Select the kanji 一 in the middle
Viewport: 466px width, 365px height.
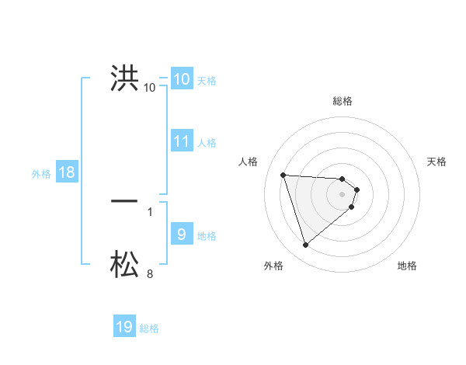tap(124, 201)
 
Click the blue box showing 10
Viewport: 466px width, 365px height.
tap(181, 78)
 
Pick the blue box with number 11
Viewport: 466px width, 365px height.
tap(181, 141)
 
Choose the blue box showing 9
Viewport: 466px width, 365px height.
tap(181, 234)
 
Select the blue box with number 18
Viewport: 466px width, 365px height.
tap(67, 172)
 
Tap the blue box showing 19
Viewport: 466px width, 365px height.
tap(124, 327)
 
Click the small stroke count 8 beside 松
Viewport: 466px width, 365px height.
tap(150, 274)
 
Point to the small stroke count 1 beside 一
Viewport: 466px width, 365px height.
tap(150, 211)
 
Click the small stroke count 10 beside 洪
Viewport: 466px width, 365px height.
tap(150, 88)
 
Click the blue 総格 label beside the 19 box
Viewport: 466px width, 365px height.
tap(149, 328)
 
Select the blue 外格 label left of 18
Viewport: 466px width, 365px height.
tap(41, 174)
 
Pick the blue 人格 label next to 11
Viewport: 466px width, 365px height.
tap(207, 143)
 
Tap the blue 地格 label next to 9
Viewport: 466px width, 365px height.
tap(207, 236)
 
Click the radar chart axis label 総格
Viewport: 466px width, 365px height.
tap(343, 101)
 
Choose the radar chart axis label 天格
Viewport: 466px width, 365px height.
tap(436, 162)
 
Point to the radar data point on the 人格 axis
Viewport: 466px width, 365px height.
tap(283, 175)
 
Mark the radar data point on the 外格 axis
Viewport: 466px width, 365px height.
tap(306, 245)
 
